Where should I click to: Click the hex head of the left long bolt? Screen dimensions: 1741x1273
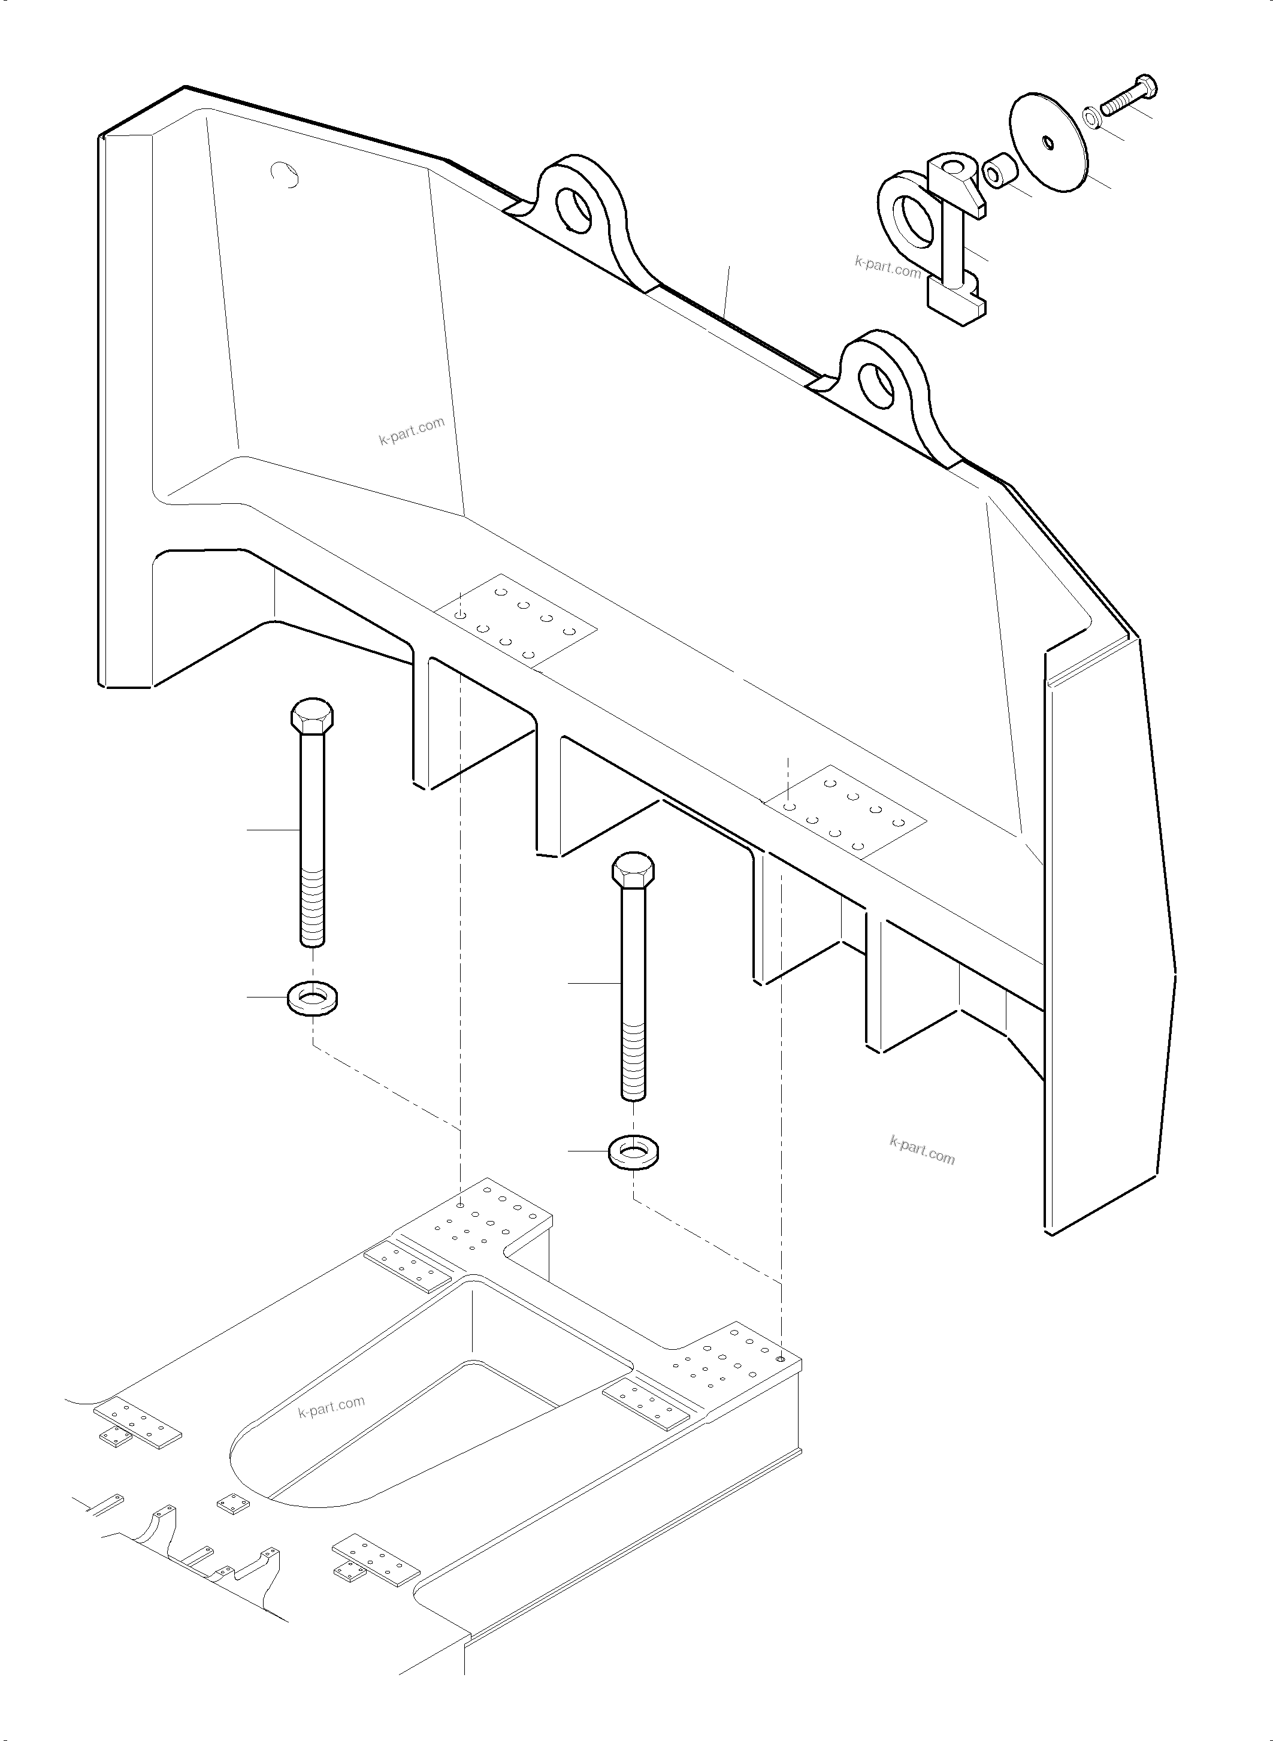312,716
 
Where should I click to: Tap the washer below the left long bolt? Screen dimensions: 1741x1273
315,999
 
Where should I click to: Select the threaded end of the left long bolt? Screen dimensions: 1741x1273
312,906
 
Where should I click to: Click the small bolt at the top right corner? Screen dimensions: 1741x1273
1128,95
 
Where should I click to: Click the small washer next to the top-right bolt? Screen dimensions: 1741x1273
1093,117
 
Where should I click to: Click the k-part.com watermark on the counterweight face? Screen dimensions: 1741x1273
412,431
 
